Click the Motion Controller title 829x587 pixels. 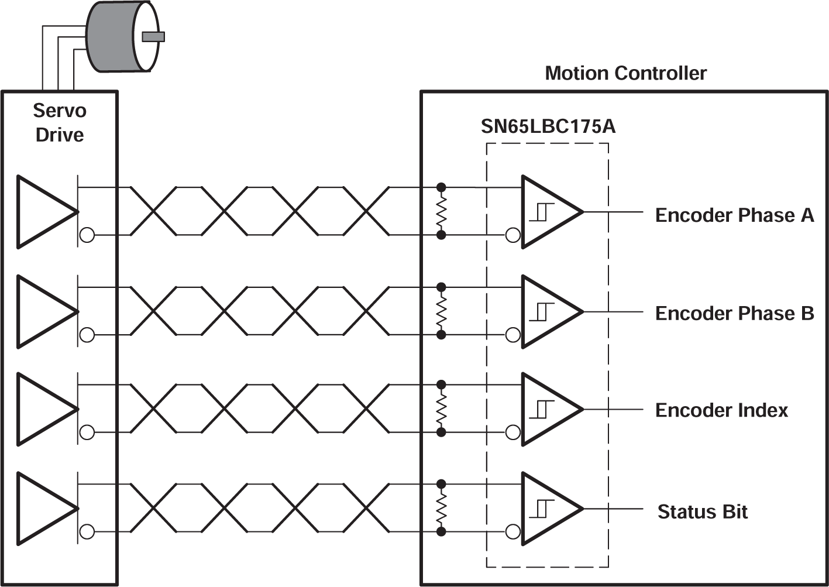tap(625, 74)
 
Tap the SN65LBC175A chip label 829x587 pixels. tap(548, 126)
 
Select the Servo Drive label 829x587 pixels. tap(60, 122)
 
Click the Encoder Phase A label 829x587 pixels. tap(734, 215)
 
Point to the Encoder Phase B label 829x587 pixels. tap(734, 314)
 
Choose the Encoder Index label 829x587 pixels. tap(721, 410)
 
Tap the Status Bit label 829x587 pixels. tap(703, 512)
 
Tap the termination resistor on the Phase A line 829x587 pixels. tap(442, 211)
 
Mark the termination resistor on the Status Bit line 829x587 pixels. tap(442, 508)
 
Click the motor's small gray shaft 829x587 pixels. tap(153, 37)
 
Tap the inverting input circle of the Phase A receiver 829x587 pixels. tap(513, 235)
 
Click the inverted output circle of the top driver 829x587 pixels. tap(87, 235)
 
